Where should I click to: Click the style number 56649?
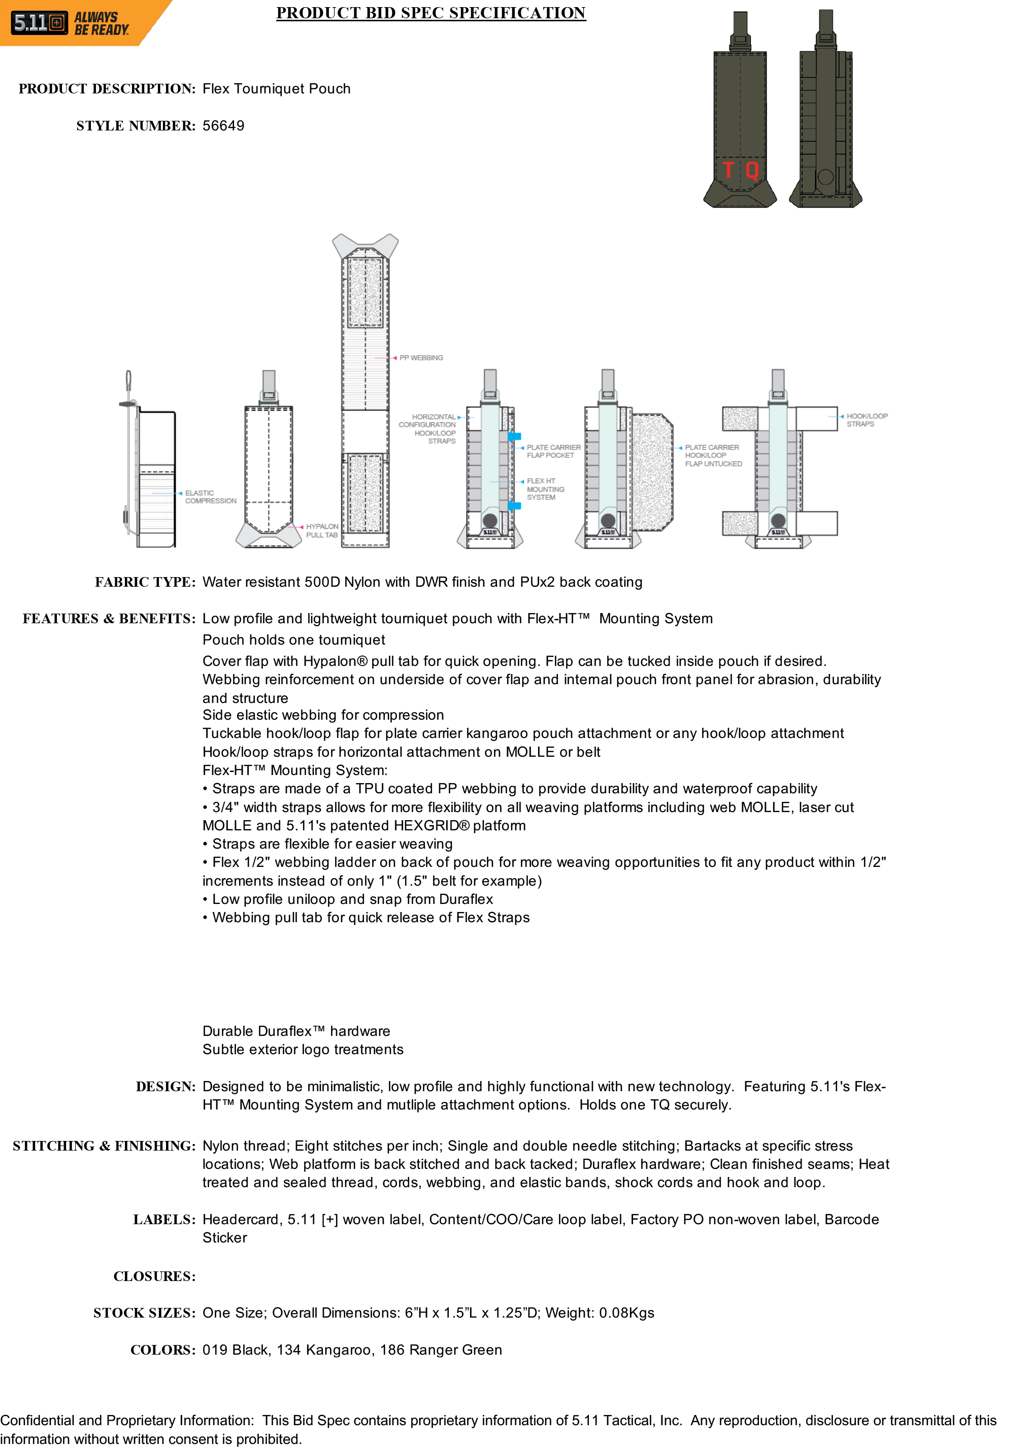pos(223,126)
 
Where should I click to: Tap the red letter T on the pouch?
pos(728,170)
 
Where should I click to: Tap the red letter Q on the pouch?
pos(752,170)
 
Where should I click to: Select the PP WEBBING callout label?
pos(421,358)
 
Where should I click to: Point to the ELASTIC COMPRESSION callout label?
pos(210,497)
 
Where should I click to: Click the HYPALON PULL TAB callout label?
pos(322,531)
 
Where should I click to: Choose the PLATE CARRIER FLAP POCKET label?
pos(553,451)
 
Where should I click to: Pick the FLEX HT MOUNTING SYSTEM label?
pos(545,489)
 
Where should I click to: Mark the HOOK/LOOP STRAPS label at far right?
pos(867,420)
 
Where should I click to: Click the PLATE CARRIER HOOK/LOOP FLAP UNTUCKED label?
pos(713,456)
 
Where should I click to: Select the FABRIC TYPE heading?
pos(145,582)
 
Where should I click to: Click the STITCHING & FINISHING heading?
pos(104,1146)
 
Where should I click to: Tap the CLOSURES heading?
pos(154,1276)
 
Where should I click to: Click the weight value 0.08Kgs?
pos(626,1313)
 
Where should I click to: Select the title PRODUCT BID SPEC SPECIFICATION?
pos(430,13)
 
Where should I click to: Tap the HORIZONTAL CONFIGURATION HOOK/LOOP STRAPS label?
pos(427,429)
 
